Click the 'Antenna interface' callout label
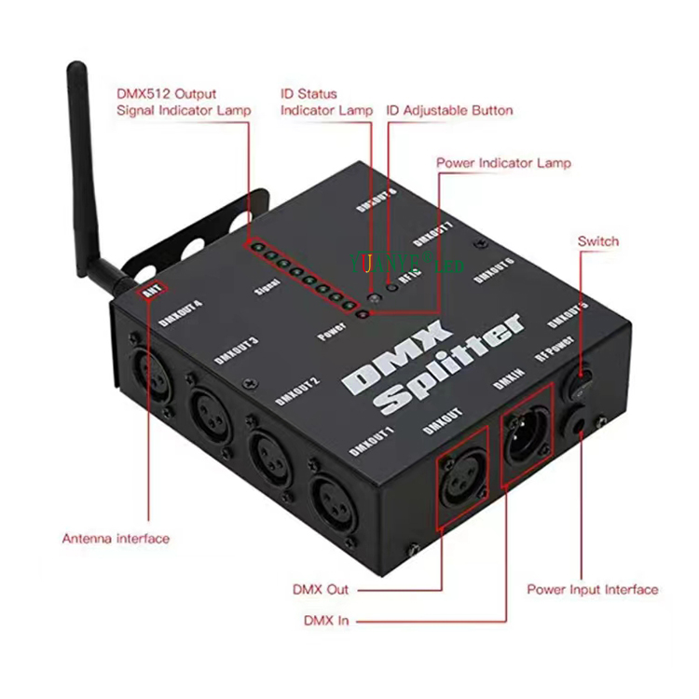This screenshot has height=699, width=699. point(116,538)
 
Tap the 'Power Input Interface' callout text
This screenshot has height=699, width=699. point(592,589)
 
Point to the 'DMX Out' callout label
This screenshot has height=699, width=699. point(321,589)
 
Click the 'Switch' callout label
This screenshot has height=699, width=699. point(597,241)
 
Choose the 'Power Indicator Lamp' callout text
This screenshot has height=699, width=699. point(503,162)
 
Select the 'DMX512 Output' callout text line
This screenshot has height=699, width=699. point(166,93)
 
